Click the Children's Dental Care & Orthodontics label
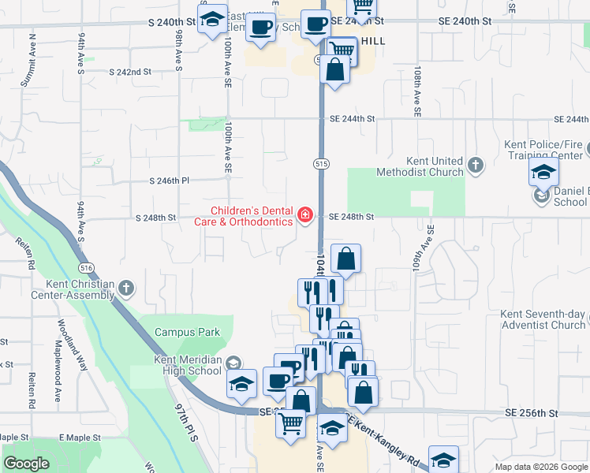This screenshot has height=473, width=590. tap(250, 216)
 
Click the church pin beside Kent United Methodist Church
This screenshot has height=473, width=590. tap(475, 166)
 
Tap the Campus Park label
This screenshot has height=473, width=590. tap(187, 332)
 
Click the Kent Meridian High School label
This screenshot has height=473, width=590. tap(177, 365)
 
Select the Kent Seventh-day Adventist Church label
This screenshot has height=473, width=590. tap(543, 319)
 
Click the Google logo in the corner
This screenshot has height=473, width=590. tap(27, 463)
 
